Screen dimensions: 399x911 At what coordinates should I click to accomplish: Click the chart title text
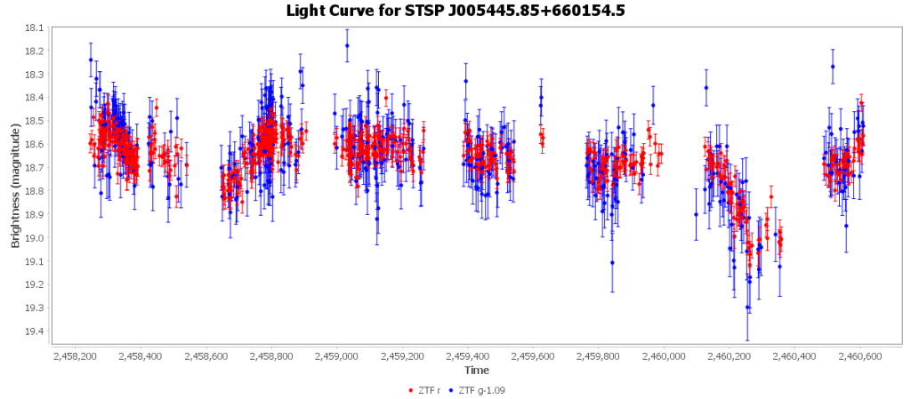coord(455,11)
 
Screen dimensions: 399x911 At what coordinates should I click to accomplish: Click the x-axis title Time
coord(476,370)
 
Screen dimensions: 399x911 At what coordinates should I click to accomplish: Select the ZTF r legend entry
coord(429,390)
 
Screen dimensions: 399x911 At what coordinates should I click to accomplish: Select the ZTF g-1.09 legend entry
coord(484,390)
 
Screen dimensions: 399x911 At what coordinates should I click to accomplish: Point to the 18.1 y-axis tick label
coord(33,28)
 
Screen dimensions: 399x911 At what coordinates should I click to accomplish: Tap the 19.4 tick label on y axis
coord(33,331)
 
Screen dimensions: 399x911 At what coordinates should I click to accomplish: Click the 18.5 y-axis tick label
coord(33,121)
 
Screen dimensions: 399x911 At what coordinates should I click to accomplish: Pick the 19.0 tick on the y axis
coord(33,238)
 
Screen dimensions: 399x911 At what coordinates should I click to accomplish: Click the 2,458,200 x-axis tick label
coord(77,356)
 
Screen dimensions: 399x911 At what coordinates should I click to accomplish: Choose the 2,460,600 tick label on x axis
coord(860,356)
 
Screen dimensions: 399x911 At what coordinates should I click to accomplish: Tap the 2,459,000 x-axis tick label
coord(338,356)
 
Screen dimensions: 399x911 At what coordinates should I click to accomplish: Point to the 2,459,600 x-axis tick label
coord(534,356)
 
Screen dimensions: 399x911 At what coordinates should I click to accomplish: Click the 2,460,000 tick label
coord(665,356)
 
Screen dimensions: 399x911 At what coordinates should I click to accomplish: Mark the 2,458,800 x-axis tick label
coord(272,356)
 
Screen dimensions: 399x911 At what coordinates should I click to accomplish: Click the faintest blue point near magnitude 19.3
coord(747,307)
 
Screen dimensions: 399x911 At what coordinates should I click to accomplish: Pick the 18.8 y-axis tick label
coord(33,191)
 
